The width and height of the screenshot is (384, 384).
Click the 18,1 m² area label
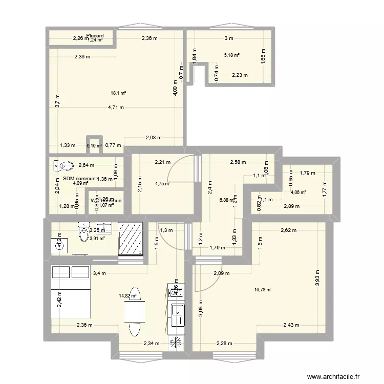(118, 93)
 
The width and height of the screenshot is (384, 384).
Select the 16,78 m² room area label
(263, 290)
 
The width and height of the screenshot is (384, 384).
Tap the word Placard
(95, 36)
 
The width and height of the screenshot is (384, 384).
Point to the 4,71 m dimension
(116, 108)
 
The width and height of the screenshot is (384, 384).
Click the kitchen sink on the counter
(177, 310)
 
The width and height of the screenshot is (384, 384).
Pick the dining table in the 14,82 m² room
(134, 310)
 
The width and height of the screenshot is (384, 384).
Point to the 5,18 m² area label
(232, 55)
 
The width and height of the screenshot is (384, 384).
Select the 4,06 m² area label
(298, 193)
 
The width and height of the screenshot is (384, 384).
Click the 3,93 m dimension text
(317, 279)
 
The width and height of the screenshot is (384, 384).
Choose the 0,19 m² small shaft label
(94, 146)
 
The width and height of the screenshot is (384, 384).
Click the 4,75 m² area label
(163, 185)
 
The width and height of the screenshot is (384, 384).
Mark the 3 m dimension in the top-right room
(228, 38)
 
